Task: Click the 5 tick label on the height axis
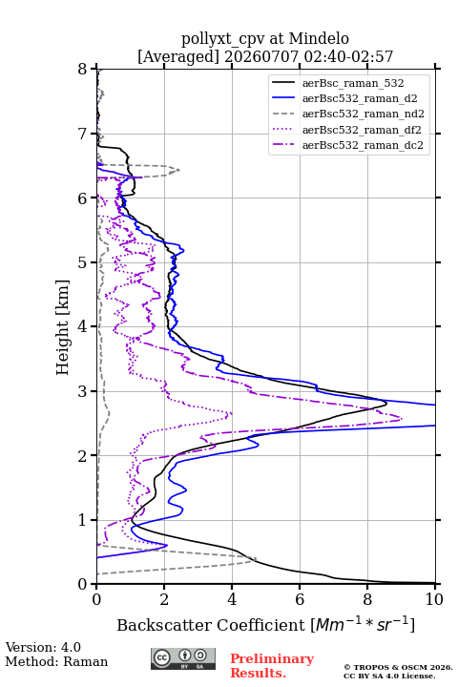pos(82,262)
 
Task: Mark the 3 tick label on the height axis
pos(82,391)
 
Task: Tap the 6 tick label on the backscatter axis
pos(300,599)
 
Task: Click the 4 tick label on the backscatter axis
pos(232,599)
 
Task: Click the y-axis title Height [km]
pos(63,327)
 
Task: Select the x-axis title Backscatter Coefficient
pos(210,625)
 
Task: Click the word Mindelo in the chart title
pos(319,38)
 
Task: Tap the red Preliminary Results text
pos(272,666)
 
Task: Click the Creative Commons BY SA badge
pos(183,659)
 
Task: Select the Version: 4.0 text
pos(43,647)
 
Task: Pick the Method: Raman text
pos(56,661)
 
